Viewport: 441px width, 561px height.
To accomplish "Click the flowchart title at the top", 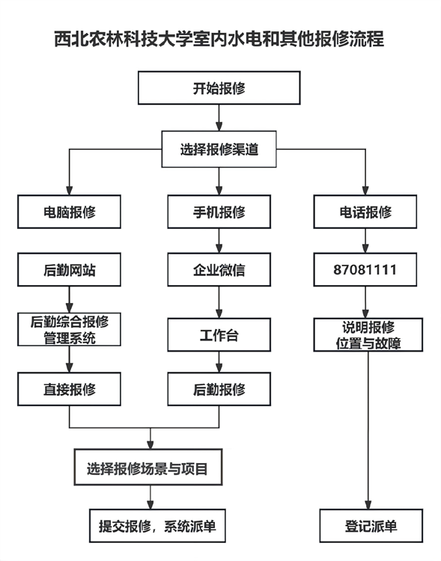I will pos(219,39).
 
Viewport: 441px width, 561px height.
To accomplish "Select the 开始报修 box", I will pos(219,88).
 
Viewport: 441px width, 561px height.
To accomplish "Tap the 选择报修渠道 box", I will pos(219,149).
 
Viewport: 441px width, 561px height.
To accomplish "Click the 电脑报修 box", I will pos(70,212).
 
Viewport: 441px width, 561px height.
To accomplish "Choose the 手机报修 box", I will pos(219,212).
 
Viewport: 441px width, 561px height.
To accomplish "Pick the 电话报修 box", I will pos(365,212).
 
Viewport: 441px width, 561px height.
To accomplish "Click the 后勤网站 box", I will pos(70,270).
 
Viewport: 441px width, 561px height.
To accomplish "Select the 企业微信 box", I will pos(219,270).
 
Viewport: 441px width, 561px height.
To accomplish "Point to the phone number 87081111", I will pos(365,270).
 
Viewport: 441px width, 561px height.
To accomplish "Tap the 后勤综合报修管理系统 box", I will pos(70,330).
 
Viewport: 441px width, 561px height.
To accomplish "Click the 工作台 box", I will pos(219,335).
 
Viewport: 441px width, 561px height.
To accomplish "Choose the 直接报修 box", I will pos(70,389).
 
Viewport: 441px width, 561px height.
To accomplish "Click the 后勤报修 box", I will pos(219,389).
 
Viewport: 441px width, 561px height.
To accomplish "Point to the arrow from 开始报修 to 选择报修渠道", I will pos(219,117).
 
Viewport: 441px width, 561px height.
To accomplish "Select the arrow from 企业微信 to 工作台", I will pos(219,303).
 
